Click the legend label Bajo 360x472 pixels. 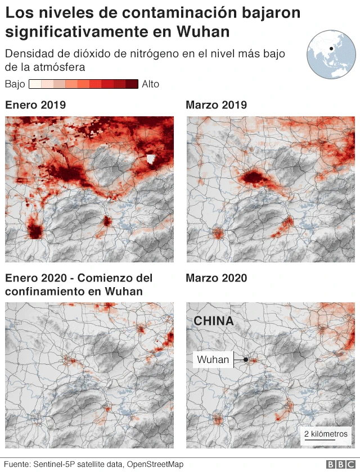click(15, 84)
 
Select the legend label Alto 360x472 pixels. click(151, 84)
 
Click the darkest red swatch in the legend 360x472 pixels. click(132, 84)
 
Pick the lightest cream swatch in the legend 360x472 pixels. click(35, 84)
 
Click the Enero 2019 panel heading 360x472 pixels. click(35, 105)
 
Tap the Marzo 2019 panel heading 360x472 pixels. click(217, 105)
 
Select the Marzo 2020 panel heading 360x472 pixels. click(217, 278)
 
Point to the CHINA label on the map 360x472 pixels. click(214, 321)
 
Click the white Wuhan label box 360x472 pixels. click(213, 360)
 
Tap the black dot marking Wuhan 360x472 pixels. click(246, 360)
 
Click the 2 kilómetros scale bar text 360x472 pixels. click(326, 434)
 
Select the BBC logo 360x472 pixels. click(339, 464)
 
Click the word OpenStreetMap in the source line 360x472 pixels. click(155, 464)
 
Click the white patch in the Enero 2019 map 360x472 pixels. click(150, 160)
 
